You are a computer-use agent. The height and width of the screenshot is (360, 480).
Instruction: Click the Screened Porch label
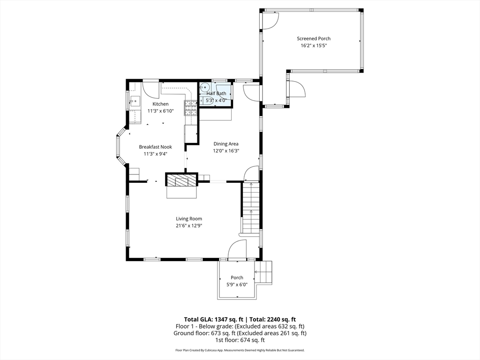[x=313, y=38]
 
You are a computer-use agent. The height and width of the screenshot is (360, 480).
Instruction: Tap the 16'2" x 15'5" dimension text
[x=313, y=46]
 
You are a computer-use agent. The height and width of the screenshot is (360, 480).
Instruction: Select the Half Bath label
[x=216, y=93]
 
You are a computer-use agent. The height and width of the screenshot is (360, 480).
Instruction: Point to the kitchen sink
[x=135, y=100]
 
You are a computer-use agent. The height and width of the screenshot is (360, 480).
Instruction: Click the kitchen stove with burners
[x=191, y=108]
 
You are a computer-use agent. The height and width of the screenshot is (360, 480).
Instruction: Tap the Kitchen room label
[x=160, y=104]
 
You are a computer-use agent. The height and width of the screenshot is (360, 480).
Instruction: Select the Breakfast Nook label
[x=155, y=147]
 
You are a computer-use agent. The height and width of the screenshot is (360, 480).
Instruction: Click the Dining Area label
[x=226, y=144]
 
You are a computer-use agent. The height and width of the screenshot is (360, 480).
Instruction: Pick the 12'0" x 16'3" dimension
[x=226, y=151]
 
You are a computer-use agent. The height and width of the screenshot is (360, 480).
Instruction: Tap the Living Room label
[x=189, y=218]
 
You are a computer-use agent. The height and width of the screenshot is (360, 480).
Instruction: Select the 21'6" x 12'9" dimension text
[x=189, y=225]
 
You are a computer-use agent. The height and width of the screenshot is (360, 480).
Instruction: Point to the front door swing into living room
[x=237, y=249]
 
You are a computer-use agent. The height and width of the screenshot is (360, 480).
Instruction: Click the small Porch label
[x=237, y=277]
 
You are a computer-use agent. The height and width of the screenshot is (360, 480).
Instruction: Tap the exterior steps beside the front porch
[x=263, y=272]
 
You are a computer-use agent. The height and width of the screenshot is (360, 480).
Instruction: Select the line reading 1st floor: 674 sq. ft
[x=240, y=340]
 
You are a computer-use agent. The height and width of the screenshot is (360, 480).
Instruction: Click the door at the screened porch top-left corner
[x=270, y=20]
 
